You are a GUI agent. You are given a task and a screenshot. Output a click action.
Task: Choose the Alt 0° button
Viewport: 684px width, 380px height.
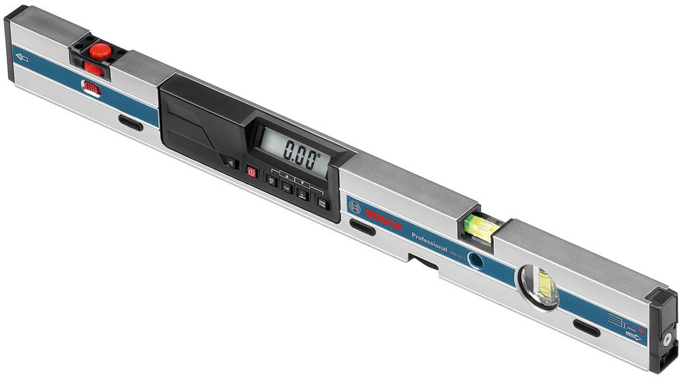pos(272,181)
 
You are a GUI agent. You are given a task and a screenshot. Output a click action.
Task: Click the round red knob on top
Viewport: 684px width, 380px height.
pos(101,50)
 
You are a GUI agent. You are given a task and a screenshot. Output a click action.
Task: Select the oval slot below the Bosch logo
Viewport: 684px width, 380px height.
pos(362,227)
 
